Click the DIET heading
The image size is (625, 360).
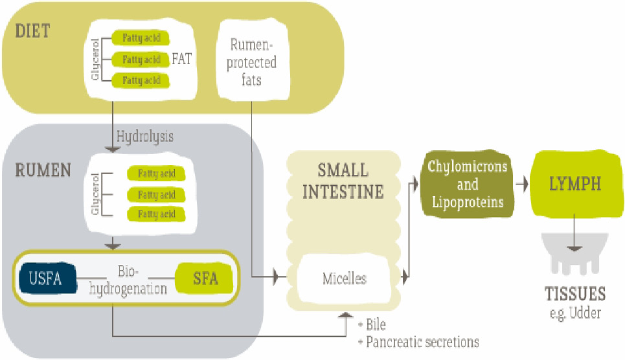pyautogui.click(x=32, y=31)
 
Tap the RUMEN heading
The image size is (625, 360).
pyautogui.click(x=43, y=170)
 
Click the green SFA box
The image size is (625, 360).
pyautogui.click(x=205, y=278)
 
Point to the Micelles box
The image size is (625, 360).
pyautogui.click(x=345, y=278)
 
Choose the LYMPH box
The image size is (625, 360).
pyautogui.click(x=575, y=184)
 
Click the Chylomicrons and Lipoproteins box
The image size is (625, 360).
pyautogui.click(x=467, y=184)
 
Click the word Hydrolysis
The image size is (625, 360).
pyautogui.click(x=145, y=137)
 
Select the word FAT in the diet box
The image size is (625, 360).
pyautogui.click(x=182, y=59)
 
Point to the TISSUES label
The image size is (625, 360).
pyautogui.click(x=575, y=294)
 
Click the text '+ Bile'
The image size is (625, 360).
pyautogui.click(x=372, y=324)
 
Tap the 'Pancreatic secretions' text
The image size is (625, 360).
pyautogui.click(x=422, y=342)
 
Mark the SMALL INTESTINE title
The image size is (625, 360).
pyautogui.click(x=343, y=181)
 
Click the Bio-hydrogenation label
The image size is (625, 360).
pyautogui.click(x=128, y=280)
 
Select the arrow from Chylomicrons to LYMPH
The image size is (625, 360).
pyautogui.click(x=522, y=184)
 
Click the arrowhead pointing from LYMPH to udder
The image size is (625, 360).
pyautogui.click(x=574, y=249)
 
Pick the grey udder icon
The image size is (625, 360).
pyautogui.click(x=574, y=254)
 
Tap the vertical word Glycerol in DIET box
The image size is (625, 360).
pyautogui.click(x=95, y=60)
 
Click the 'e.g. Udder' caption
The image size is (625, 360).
pyautogui.click(x=575, y=313)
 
